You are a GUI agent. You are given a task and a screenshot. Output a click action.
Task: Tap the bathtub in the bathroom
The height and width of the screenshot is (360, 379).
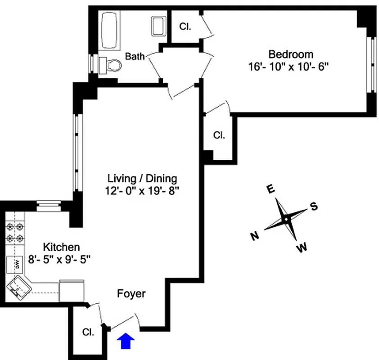109,31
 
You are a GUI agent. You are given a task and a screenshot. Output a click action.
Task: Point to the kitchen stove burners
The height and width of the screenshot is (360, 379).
14,233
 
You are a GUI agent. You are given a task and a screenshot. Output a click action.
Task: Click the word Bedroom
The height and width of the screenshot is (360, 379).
290,54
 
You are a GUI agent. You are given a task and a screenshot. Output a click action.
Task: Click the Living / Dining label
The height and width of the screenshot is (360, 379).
142,178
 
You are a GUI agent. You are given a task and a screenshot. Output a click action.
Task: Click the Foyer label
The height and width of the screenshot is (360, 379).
131,294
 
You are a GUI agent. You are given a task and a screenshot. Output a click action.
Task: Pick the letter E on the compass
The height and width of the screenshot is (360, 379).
271,189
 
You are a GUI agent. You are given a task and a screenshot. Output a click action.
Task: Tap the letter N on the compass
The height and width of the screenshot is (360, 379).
254,235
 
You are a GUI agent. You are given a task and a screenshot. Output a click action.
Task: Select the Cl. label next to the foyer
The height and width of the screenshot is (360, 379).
88,333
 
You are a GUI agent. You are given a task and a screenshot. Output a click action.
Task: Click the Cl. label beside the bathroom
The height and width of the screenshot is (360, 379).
185,27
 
